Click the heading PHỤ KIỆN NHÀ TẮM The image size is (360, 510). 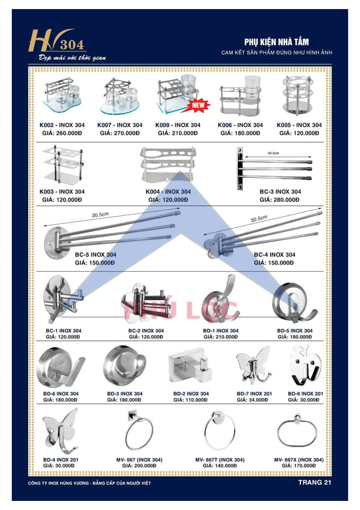[276, 42]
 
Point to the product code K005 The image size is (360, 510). [284, 125]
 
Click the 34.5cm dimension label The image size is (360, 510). [273, 153]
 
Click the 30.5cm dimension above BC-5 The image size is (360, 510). [100, 215]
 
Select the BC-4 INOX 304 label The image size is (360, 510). [275, 255]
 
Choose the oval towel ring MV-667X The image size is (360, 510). [297, 431]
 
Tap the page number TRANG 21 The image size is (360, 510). [315, 482]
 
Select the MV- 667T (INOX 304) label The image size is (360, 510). [220, 460]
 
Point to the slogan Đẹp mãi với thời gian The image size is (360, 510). [72, 58]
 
